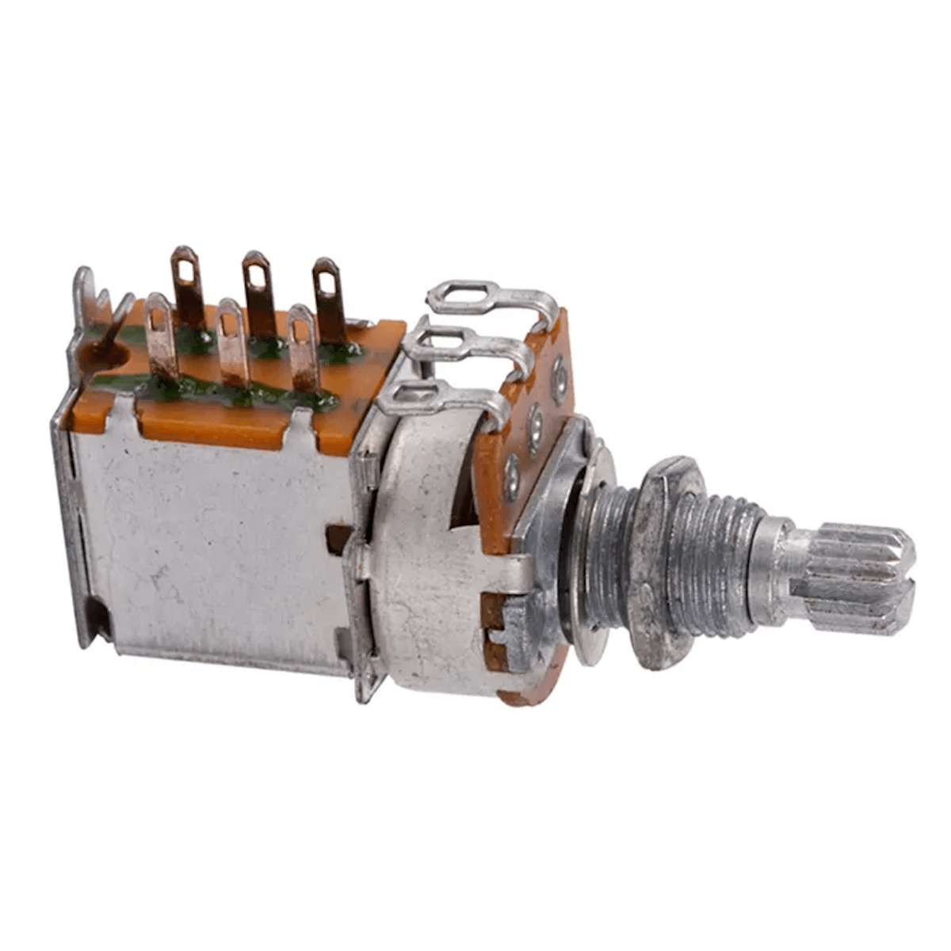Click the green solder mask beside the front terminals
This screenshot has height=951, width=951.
(x=198, y=388)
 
